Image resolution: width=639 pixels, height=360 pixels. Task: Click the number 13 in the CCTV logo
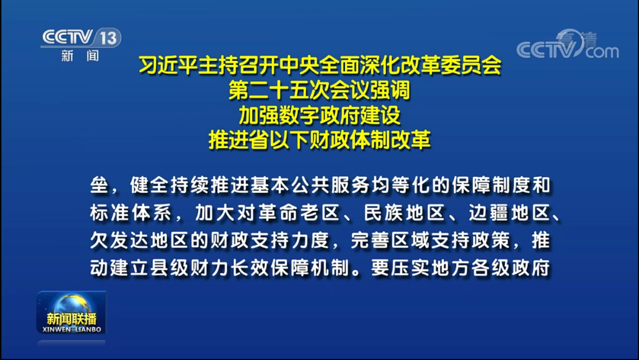107,38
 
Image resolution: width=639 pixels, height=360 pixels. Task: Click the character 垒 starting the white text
99,185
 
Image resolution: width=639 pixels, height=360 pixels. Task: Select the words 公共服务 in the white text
300,185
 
